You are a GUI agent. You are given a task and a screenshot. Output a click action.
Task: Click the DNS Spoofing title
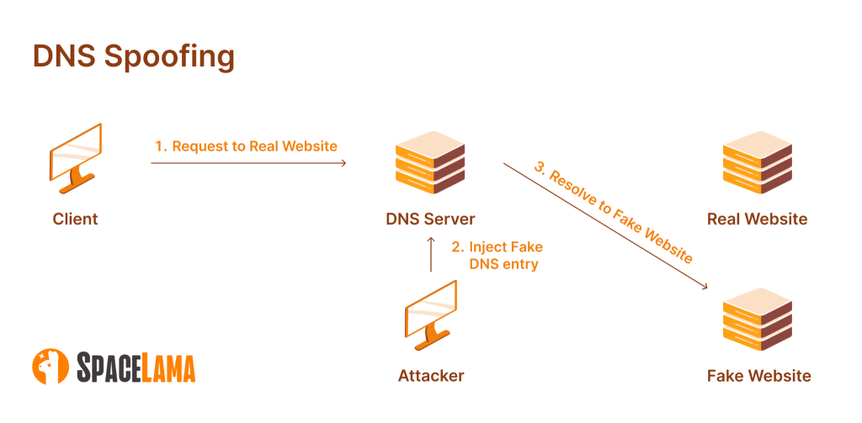pyautogui.click(x=133, y=57)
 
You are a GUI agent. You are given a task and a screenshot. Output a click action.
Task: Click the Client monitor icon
pyautogui.click(x=76, y=156)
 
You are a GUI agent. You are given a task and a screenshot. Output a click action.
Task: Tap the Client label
pyautogui.click(x=75, y=219)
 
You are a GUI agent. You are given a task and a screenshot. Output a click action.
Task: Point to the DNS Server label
pyautogui.click(x=430, y=219)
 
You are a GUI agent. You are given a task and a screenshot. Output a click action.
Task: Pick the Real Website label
pyautogui.click(x=757, y=219)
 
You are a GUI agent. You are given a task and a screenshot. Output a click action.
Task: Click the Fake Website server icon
pyautogui.click(x=757, y=320)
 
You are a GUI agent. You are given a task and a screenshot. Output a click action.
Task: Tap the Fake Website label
pyautogui.click(x=758, y=375)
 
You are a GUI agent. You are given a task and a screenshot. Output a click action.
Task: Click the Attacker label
pyautogui.click(x=430, y=375)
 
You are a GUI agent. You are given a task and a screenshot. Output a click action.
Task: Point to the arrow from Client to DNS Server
pyautogui.click(x=248, y=163)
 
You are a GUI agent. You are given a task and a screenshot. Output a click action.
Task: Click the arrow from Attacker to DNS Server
pyautogui.click(x=430, y=255)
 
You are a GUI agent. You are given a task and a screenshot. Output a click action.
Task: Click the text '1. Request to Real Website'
pyautogui.click(x=246, y=146)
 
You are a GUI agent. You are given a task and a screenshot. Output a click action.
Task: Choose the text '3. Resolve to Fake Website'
pyautogui.click(x=614, y=211)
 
